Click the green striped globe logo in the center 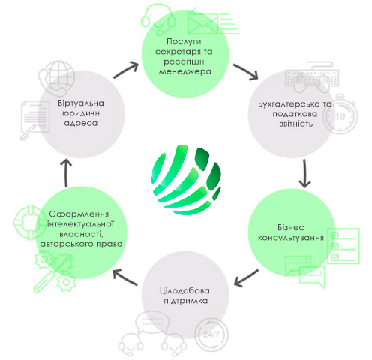(x=186, y=179)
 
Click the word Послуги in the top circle (x=184, y=42)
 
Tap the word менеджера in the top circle (x=185, y=71)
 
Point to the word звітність (x=296, y=124)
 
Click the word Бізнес (x=291, y=227)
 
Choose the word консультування (x=291, y=238)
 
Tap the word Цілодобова (x=184, y=290)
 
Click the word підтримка (x=186, y=301)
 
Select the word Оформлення (x=79, y=214)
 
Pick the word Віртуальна (x=81, y=103)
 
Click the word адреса (x=81, y=123)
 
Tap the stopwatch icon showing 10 (x=340, y=115)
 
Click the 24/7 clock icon (x=211, y=334)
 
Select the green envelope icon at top (x=202, y=24)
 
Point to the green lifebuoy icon (x=30, y=222)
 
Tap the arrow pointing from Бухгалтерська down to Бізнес (x=304, y=174)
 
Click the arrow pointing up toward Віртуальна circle (x=66, y=173)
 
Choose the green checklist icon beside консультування (x=343, y=246)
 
